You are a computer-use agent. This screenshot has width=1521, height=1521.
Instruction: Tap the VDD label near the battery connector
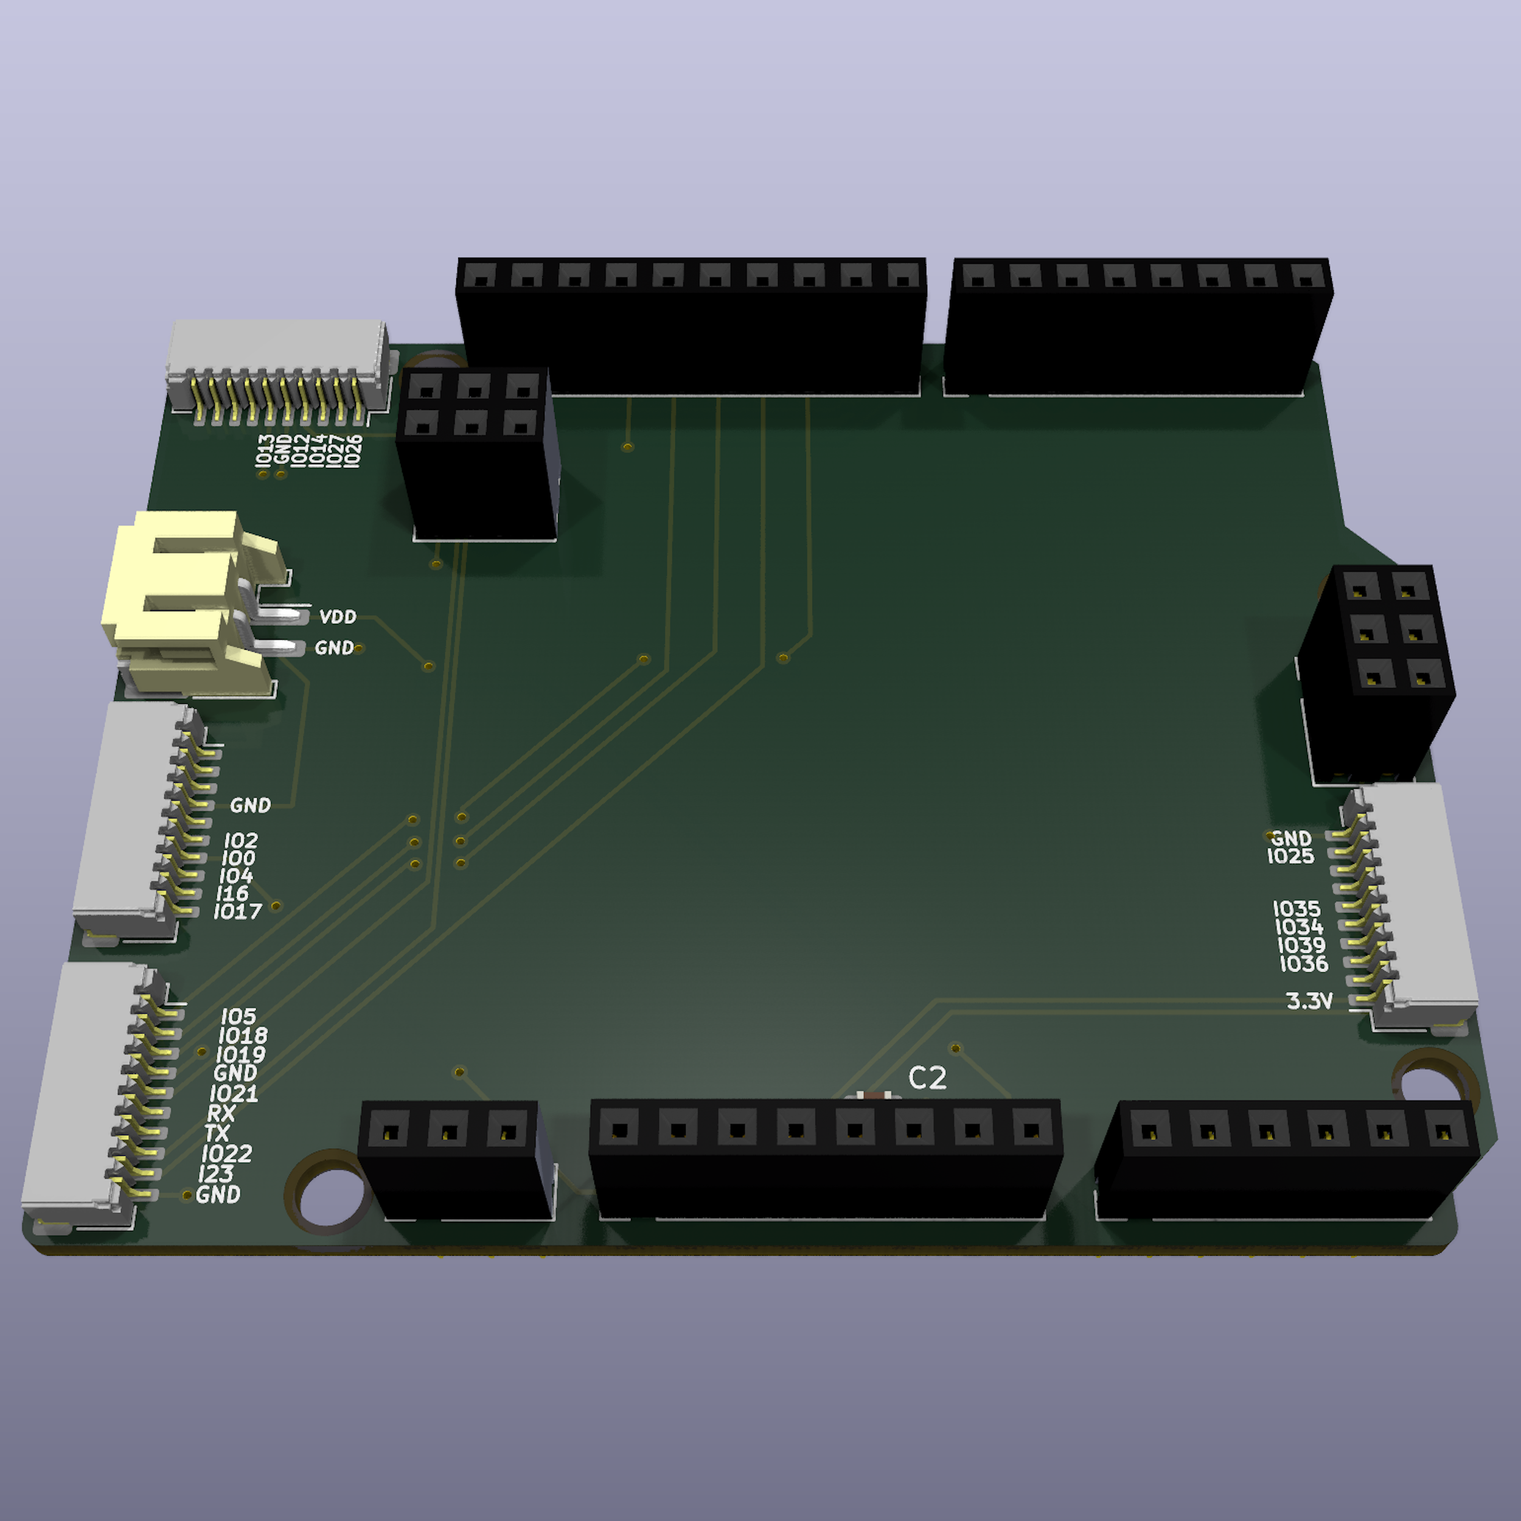pyautogui.click(x=338, y=616)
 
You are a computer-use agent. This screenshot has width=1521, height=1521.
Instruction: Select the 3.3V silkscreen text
pyautogui.click(x=1309, y=1001)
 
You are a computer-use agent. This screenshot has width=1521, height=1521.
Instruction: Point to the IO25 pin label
pyautogui.click(x=1290, y=857)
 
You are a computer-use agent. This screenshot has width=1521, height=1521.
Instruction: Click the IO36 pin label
pyautogui.click(x=1304, y=964)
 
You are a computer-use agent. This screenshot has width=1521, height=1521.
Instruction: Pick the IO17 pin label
pyautogui.click(x=238, y=911)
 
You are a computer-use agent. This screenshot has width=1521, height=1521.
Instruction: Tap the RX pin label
pyautogui.click(x=221, y=1113)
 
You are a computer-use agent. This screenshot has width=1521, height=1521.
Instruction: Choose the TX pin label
pyautogui.click(x=217, y=1133)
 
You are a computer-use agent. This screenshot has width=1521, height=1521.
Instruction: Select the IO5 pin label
pyautogui.click(x=238, y=1017)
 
